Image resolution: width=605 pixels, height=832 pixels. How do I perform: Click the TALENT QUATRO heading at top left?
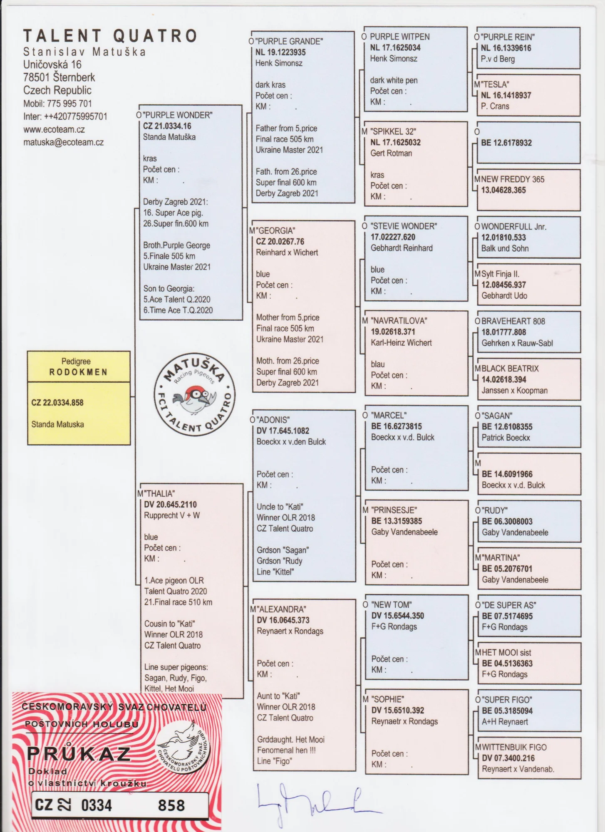(110, 36)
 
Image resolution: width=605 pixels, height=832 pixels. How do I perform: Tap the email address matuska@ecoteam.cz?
(63, 142)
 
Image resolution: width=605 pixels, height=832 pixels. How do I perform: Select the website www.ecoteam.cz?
(54, 129)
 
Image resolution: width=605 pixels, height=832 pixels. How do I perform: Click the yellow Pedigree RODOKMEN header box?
(79, 366)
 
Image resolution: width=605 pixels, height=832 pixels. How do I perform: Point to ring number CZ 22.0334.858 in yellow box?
(57, 403)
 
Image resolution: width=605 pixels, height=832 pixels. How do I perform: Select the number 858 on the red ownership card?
(171, 805)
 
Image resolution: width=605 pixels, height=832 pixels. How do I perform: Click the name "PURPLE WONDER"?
(178, 115)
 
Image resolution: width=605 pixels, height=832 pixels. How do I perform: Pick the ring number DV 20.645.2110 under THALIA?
(170, 505)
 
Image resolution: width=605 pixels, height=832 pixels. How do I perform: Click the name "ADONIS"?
(273, 420)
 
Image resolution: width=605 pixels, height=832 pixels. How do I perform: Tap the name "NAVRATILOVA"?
(399, 321)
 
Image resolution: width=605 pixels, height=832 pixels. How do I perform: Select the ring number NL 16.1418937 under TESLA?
(506, 95)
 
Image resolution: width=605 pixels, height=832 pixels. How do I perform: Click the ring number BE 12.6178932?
(506, 143)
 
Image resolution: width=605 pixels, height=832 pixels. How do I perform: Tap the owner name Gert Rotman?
(391, 153)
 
